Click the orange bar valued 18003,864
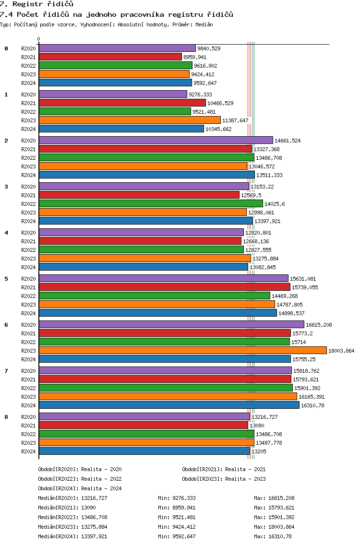click(x=182, y=350)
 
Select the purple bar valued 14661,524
click(x=156, y=140)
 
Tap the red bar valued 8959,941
click(x=110, y=57)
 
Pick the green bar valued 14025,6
click(x=151, y=203)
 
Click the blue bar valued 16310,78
click(x=169, y=405)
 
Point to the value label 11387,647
click(x=236, y=120)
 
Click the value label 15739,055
click(x=305, y=287)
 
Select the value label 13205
click(x=259, y=451)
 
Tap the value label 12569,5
click(x=251, y=195)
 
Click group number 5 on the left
click(x=6, y=279)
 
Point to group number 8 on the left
click(x=6, y=417)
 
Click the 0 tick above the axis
click(x=38, y=39)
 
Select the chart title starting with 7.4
click(x=117, y=14)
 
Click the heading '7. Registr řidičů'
click(x=37, y=4)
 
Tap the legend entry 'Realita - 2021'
click(x=245, y=469)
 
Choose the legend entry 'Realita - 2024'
click(x=101, y=488)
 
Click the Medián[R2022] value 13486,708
click(x=94, y=517)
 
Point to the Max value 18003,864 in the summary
click(x=281, y=527)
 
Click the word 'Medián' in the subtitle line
click(x=204, y=24)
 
